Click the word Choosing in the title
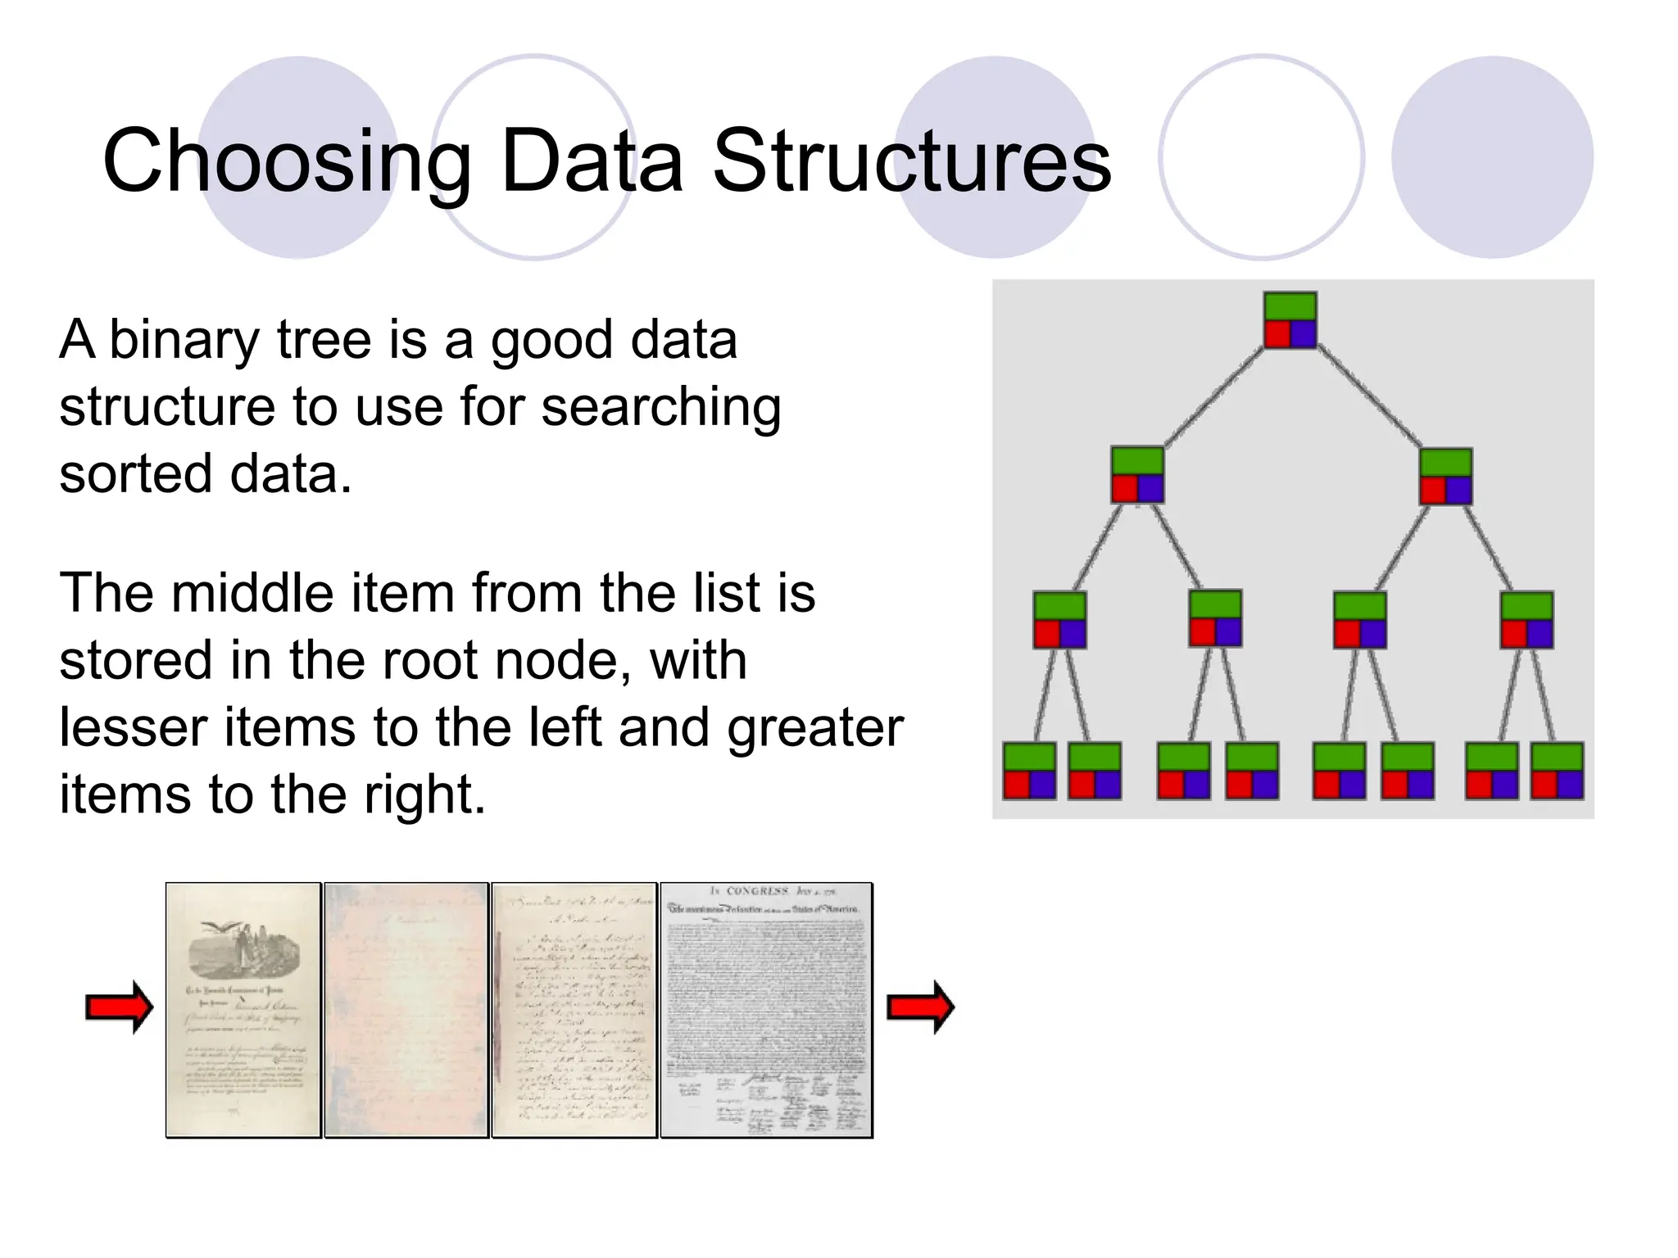tap(286, 161)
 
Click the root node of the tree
tap(1290, 320)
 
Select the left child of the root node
tap(1136, 475)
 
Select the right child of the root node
tap(1445, 476)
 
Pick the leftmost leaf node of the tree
tap(1029, 771)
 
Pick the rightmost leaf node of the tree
tap(1557, 771)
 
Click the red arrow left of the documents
tap(120, 1007)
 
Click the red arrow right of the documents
tap(921, 1007)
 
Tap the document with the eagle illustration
tap(243, 1010)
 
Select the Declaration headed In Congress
tap(766, 1010)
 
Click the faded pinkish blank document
tap(406, 1010)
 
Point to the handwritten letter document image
tap(574, 1010)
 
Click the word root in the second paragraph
tap(444, 660)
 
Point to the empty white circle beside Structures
tap(1261, 157)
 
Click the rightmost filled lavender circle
tap(1492, 157)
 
